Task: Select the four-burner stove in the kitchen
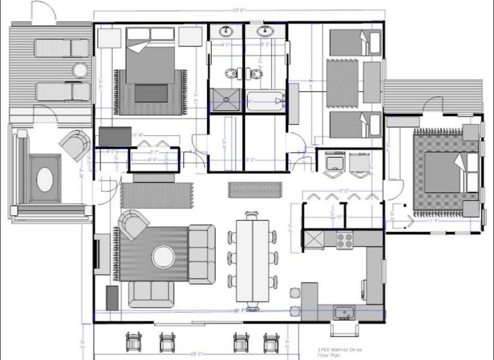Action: (x=344, y=240)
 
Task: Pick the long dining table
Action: (x=252, y=261)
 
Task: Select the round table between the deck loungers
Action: (x=80, y=70)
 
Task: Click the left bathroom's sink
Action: (x=226, y=32)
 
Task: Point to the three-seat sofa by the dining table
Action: (x=202, y=254)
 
